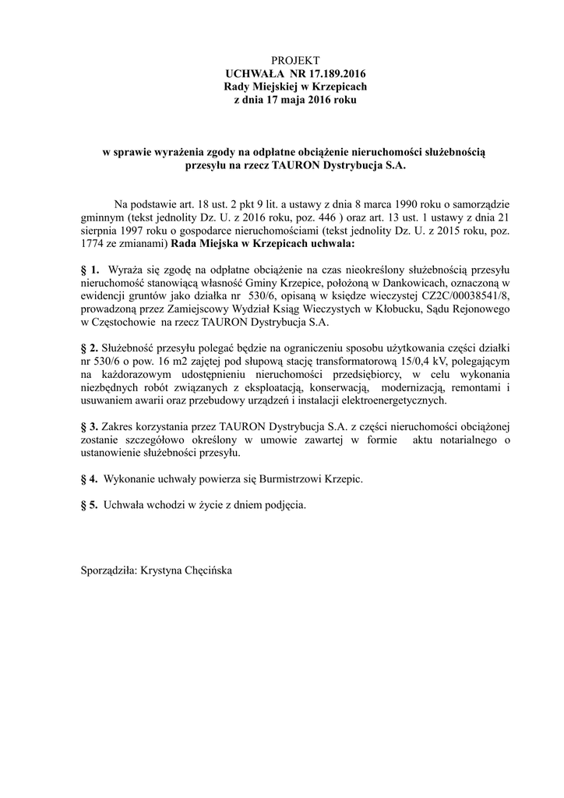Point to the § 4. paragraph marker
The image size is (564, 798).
90,478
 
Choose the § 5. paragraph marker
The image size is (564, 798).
90,505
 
